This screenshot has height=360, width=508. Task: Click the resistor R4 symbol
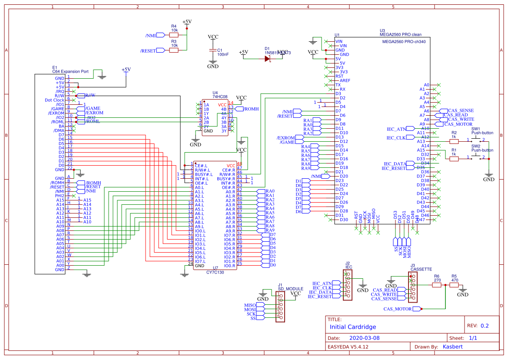click(x=174, y=35)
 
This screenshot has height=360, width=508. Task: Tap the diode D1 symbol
click(x=268, y=58)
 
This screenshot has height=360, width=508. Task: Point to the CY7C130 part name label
click(x=215, y=273)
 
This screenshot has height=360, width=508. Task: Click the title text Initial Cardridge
click(x=353, y=327)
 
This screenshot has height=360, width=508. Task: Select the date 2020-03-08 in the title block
click(x=364, y=338)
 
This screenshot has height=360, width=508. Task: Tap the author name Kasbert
click(x=452, y=347)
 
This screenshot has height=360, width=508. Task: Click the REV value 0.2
click(x=484, y=326)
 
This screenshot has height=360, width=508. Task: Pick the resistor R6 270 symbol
click(x=437, y=285)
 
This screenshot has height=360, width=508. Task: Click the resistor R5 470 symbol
click(x=454, y=285)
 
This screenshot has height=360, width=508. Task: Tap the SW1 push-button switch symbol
click(x=475, y=140)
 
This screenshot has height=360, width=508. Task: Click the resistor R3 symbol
click(x=174, y=50)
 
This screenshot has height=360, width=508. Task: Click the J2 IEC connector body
click(x=348, y=285)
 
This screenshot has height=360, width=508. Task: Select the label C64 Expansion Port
click(x=70, y=71)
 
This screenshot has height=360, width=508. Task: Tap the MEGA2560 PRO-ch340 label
click(x=404, y=42)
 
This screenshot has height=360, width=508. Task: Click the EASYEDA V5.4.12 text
click(x=348, y=347)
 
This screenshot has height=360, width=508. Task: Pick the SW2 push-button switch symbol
click(x=475, y=157)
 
